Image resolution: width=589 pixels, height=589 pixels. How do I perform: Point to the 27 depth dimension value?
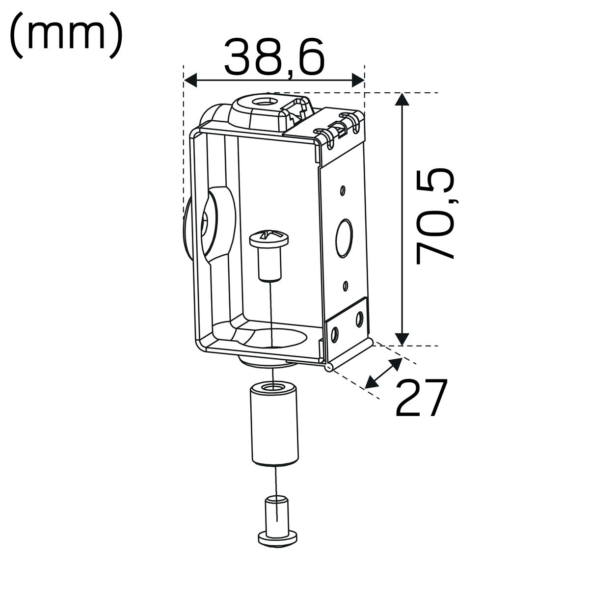422,398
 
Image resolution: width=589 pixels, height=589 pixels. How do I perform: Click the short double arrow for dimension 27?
384,373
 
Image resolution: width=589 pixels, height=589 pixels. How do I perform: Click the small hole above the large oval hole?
344,190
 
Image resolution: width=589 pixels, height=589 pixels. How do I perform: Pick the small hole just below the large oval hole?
346,285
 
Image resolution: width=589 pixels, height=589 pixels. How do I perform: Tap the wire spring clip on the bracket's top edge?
339,129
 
